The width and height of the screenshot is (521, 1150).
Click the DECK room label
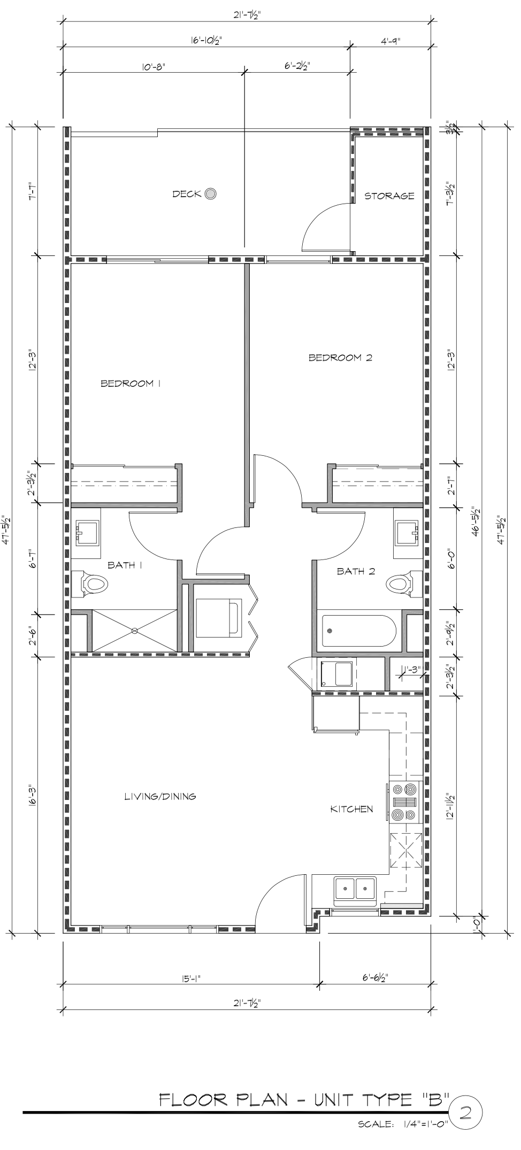187,194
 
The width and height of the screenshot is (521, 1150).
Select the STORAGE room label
389,196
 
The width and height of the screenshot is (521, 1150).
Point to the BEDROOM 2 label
340,358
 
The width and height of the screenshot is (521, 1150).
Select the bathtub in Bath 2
358,631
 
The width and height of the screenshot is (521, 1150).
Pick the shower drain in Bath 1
135,631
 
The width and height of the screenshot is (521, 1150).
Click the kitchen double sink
355,888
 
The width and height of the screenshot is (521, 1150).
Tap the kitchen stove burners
404,802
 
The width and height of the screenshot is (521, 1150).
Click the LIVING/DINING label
160,796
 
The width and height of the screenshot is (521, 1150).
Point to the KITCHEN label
351,809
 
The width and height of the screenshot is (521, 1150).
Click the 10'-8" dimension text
154,67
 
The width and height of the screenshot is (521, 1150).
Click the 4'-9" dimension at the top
391,41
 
